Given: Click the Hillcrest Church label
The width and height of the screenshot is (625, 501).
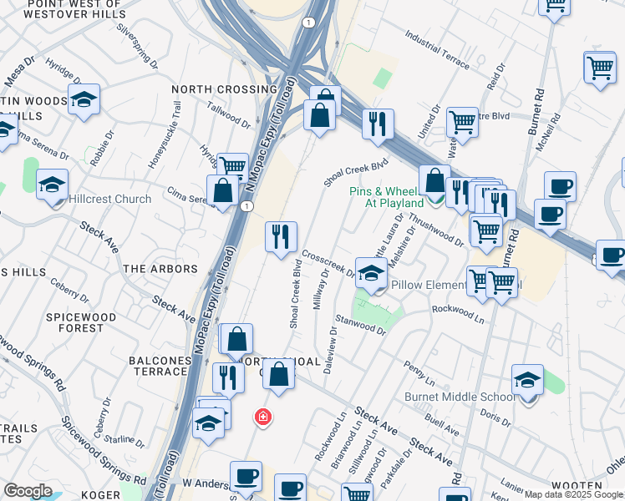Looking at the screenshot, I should [x=110, y=199].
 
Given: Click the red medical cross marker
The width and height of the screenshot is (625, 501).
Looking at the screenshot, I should [x=262, y=417].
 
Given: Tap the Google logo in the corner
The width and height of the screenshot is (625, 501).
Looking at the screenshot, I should [x=28, y=491].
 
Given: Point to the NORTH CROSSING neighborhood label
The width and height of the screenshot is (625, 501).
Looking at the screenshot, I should [x=224, y=89].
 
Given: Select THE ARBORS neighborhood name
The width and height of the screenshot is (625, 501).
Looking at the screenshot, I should [x=160, y=269].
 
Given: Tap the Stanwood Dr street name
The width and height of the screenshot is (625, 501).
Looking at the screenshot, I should [x=360, y=325].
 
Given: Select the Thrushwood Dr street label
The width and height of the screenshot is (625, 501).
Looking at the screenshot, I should [x=436, y=230].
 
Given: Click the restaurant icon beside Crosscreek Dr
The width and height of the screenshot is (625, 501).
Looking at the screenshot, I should [x=282, y=236].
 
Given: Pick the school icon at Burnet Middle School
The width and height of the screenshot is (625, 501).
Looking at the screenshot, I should [x=527, y=380].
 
